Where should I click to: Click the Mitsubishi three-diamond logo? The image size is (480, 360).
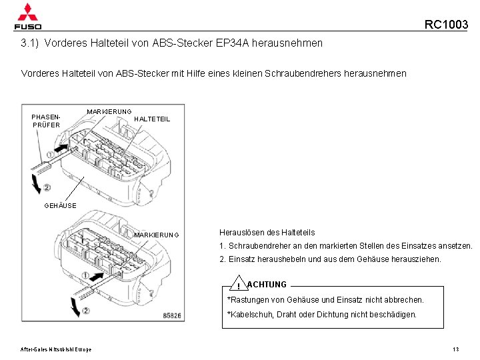pyautogui.click(x=27, y=11)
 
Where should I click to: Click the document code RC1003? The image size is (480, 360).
pyautogui.click(x=446, y=25)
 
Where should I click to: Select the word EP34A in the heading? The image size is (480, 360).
pyautogui.click(x=223, y=43)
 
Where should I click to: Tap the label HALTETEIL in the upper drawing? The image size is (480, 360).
pyautogui.click(x=152, y=119)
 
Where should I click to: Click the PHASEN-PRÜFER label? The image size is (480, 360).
pyautogui.click(x=45, y=120)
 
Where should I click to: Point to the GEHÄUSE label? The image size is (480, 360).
pyautogui.click(x=60, y=206)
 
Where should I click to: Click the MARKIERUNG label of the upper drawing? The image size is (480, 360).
pyautogui.click(x=109, y=111)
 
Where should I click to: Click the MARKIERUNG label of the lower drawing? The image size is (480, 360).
pyautogui.click(x=157, y=235)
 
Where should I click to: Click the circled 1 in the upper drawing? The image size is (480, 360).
pyautogui.click(x=50, y=154)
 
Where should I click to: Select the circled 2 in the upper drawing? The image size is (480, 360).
pyautogui.click(x=47, y=187)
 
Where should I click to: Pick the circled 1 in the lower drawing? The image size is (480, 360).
pyautogui.click(x=86, y=275)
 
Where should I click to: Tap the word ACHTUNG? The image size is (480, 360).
pyautogui.click(x=267, y=285)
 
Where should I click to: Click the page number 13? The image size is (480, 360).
pyautogui.click(x=456, y=349)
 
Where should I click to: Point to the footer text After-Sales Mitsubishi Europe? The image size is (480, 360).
pyautogui.click(x=56, y=349)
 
